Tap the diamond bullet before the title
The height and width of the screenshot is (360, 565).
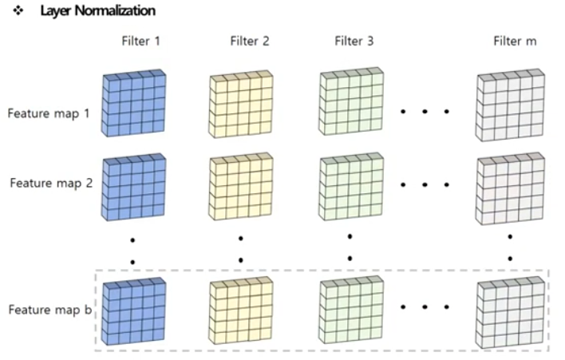(18, 11)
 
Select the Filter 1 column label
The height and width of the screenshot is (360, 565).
(140, 42)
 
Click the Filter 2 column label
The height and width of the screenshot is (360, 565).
(248, 42)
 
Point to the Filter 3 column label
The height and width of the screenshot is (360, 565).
(354, 42)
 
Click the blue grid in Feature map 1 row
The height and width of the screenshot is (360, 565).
(133, 105)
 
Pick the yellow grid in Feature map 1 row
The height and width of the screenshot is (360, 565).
(241, 105)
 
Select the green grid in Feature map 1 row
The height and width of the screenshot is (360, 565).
(351, 105)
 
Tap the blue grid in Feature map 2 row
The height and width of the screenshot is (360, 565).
(133, 187)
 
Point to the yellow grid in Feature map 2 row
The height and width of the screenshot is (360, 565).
(241, 187)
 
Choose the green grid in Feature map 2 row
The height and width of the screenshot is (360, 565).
(351, 187)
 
